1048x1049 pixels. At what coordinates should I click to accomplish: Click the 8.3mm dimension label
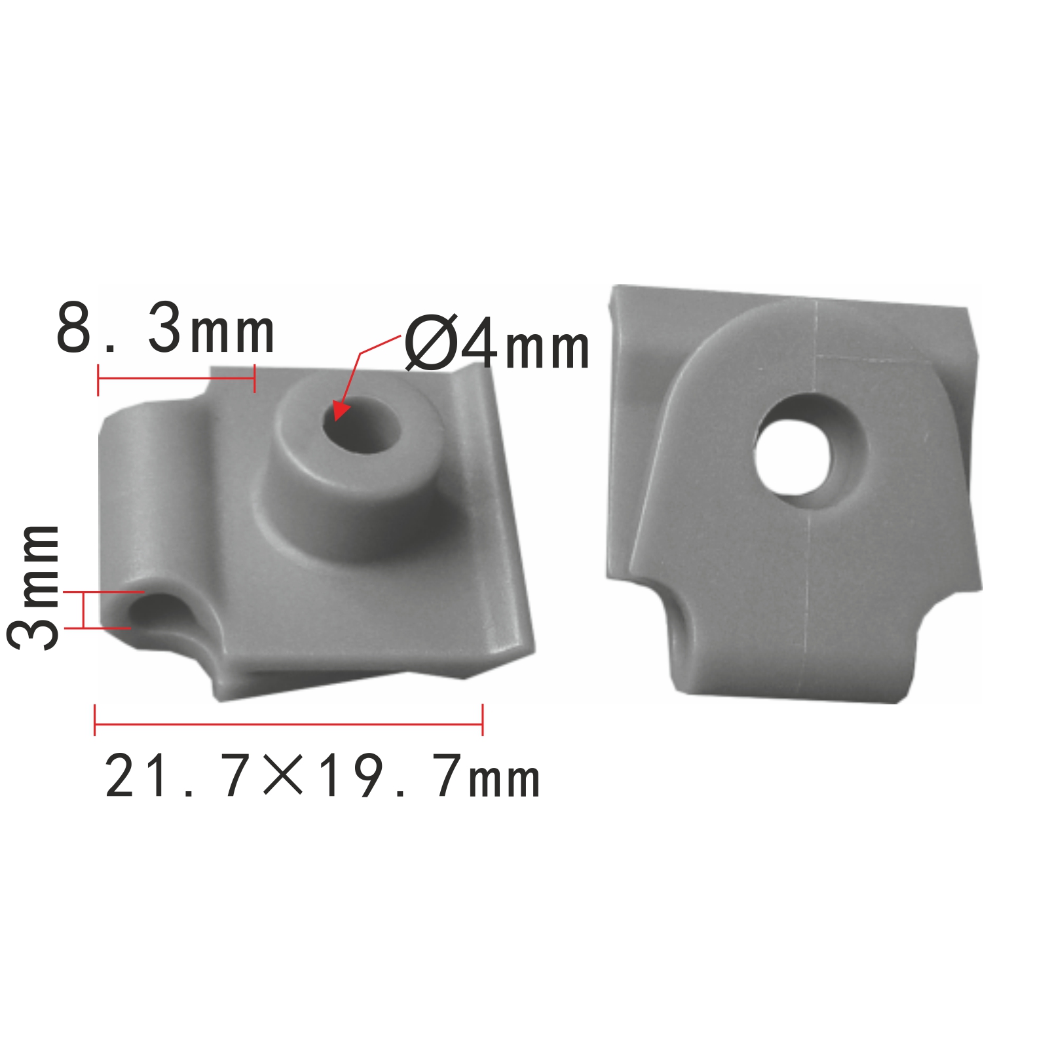coord(165,328)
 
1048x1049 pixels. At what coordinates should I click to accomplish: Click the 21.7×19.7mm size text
coord(322,776)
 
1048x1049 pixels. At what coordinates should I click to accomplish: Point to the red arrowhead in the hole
coord(341,410)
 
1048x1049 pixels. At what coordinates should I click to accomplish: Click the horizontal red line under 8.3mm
coord(176,379)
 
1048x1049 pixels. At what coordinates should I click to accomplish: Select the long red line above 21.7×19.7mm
coord(289,724)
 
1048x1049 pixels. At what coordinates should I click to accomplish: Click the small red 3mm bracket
coord(84,610)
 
